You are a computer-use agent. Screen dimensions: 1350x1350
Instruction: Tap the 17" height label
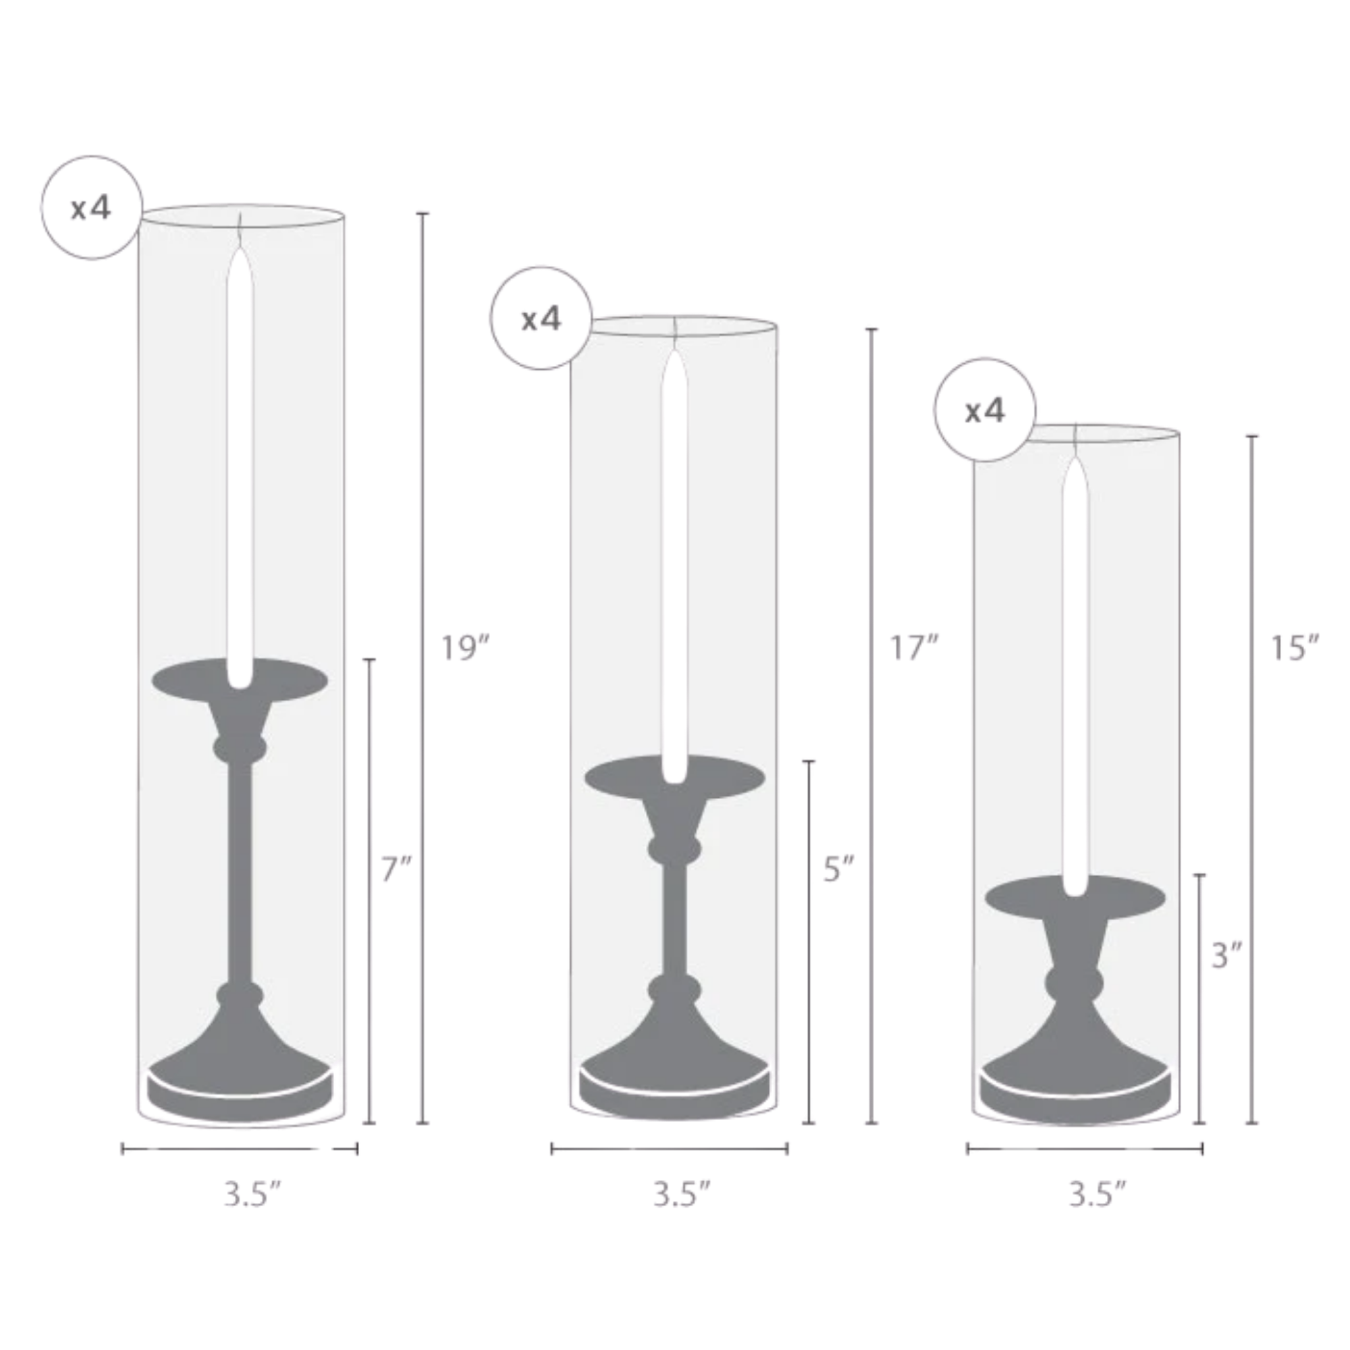[x=913, y=649]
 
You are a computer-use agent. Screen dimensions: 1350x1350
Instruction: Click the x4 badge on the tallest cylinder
[x=92, y=207]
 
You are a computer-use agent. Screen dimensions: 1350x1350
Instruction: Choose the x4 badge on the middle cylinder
[x=541, y=319]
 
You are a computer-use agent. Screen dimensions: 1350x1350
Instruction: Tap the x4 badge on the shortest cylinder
[x=986, y=410]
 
